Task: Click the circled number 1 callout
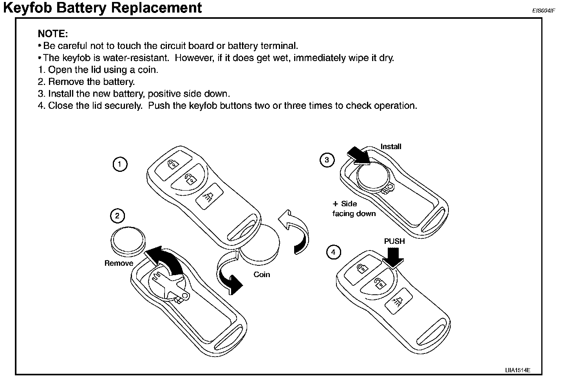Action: point(120,164)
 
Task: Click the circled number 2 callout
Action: point(117,216)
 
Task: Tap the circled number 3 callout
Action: point(327,160)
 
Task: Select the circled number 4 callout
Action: point(334,252)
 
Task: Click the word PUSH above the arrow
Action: point(394,241)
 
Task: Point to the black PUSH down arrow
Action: point(393,258)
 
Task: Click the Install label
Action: point(391,146)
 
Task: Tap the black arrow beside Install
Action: point(358,155)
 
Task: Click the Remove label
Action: point(119,263)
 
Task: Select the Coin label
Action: point(262,274)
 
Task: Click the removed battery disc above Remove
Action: point(128,241)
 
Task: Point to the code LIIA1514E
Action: point(518,370)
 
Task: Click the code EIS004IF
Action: point(543,11)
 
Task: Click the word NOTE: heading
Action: point(53,34)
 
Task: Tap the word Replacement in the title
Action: point(156,7)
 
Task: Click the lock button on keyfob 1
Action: point(173,164)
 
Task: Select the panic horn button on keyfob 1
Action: point(210,196)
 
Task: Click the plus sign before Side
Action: point(335,204)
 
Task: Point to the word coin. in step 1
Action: point(148,70)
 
